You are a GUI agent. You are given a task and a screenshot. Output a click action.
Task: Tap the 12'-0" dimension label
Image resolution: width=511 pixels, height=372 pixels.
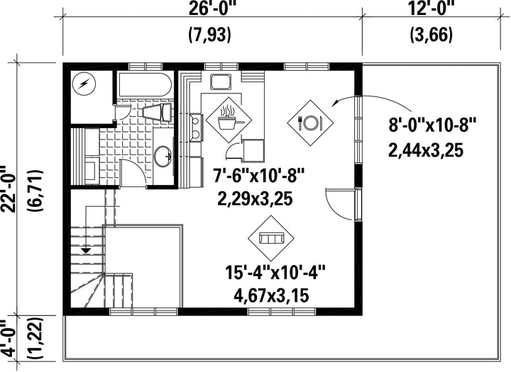(431, 7)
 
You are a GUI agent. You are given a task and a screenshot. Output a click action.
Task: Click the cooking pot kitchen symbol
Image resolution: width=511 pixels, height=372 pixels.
(229, 120)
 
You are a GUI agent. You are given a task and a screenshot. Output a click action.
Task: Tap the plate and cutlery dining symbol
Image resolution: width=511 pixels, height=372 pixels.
(310, 123)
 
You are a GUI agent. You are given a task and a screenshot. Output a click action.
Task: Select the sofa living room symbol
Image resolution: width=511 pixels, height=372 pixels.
(271, 238)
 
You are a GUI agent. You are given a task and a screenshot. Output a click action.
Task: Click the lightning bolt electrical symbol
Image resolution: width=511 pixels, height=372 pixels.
(84, 84)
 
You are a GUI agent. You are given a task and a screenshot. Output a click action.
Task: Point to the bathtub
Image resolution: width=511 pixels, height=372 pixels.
(144, 84)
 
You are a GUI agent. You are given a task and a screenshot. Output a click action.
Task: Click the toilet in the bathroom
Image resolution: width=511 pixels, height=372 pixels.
(158, 112)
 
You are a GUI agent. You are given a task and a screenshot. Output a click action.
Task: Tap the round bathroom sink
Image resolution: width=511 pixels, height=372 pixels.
(163, 156)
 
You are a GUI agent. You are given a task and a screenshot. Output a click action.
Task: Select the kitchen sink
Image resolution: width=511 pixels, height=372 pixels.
(221, 81)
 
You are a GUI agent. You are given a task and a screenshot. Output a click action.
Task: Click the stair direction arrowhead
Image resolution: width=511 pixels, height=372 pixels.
(86, 250)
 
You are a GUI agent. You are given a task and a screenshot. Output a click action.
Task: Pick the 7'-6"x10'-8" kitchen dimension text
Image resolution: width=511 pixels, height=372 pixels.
(258, 176)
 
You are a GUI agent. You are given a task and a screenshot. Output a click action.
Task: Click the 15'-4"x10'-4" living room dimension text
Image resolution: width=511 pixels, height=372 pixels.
(275, 272)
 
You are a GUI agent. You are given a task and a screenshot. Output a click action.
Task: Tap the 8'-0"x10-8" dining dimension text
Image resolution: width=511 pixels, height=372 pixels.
(432, 125)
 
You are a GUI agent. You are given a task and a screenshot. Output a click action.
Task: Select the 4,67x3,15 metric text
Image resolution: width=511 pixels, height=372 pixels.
(271, 296)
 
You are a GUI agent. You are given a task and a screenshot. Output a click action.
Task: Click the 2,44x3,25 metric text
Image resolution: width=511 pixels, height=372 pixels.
(425, 151)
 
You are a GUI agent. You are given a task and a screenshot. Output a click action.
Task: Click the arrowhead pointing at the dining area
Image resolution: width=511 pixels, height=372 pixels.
(335, 103)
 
